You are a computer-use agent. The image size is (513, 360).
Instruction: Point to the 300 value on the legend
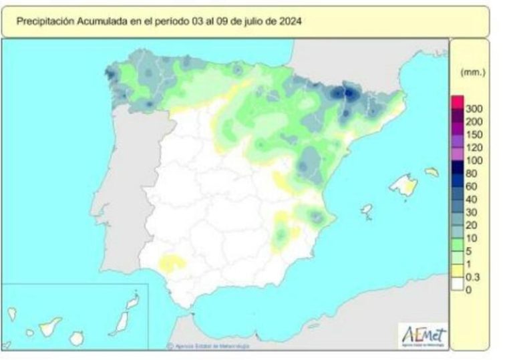[x=474, y=108]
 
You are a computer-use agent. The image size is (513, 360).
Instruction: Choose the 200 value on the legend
[x=474, y=122]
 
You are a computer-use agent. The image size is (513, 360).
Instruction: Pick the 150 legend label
[x=474, y=134]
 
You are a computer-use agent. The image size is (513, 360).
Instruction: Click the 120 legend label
[x=474, y=148]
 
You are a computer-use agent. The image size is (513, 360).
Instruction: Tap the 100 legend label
[x=474, y=160]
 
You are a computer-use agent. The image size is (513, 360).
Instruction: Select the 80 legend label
[x=472, y=174]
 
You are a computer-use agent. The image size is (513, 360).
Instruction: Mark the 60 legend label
[x=472, y=186]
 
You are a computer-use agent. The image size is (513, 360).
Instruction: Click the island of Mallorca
[x=403, y=184]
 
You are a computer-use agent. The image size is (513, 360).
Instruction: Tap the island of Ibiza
[x=366, y=212]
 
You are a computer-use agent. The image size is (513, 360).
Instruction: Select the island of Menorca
[x=432, y=172]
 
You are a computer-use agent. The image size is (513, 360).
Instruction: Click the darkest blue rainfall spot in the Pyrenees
[x=348, y=93]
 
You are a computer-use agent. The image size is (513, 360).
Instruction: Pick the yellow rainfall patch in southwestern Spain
[x=172, y=261]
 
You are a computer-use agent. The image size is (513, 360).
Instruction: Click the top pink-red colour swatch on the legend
[x=457, y=102]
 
